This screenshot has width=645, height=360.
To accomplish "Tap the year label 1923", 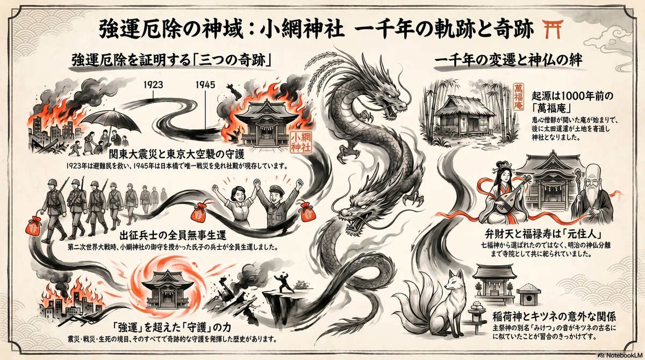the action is (x=153, y=84).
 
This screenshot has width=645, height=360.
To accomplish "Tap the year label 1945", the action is (x=205, y=84).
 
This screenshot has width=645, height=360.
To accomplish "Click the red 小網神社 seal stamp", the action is (x=301, y=142).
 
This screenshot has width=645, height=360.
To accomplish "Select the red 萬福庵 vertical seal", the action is (x=519, y=101).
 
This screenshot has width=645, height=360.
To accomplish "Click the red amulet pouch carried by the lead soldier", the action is (x=34, y=226).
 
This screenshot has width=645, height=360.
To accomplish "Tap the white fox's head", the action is (x=454, y=280).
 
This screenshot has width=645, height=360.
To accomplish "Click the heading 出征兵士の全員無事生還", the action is (x=173, y=236).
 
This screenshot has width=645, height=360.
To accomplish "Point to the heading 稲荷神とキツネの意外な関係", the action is (x=554, y=317).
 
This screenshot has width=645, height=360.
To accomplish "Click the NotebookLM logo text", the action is (x=623, y=355).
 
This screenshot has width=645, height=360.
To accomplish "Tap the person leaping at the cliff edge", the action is (x=284, y=282).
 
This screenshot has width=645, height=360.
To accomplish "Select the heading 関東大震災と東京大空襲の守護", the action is (x=176, y=155).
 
